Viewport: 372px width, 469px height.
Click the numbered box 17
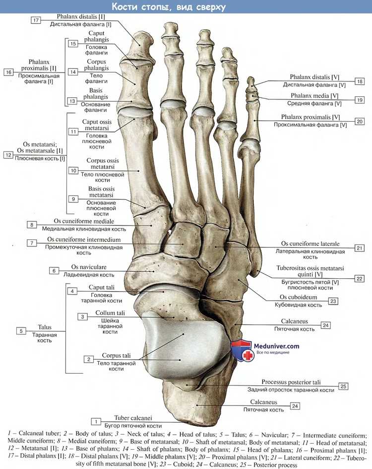click(x=36, y=20)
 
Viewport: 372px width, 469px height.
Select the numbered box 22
click(x=359, y=278)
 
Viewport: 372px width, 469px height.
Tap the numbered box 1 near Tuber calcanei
click(x=96, y=421)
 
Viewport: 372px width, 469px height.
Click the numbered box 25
click(x=343, y=386)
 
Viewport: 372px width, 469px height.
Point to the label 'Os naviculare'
click(x=89, y=267)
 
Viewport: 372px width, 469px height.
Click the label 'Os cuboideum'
click(x=298, y=297)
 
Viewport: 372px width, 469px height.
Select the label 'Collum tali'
click(x=110, y=313)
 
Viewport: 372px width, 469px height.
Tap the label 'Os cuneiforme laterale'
click(x=310, y=244)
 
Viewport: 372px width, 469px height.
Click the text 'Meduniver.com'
click(x=276, y=346)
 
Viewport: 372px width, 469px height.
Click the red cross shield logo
click(x=242, y=351)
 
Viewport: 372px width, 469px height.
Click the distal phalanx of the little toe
click(x=251, y=83)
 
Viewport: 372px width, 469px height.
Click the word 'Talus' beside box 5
click(x=45, y=327)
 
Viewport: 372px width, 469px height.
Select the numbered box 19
click(x=360, y=100)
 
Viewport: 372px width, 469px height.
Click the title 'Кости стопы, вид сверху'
click(x=169, y=6)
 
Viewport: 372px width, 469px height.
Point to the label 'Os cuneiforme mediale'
click(x=84, y=222)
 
